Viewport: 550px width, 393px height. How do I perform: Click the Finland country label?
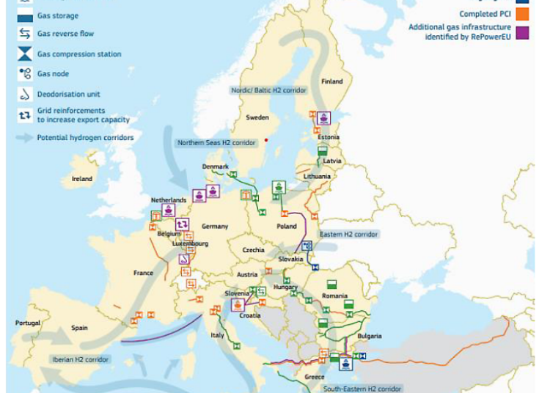coord(332,81)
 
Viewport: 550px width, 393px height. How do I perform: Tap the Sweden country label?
coord(257,117)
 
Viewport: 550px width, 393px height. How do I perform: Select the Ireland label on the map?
coord(82,179)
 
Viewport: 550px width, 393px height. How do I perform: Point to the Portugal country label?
coord(28,323)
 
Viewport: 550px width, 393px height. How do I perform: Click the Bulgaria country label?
coord(369,336)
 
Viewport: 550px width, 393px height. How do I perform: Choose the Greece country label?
coord(314,376)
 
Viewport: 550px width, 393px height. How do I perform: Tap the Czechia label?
coord(254,249)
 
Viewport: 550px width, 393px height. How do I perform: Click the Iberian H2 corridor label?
coord(81,359)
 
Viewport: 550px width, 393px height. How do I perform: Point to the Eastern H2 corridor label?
coord(349,234)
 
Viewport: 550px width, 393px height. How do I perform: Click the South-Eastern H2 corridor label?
coord(362,389)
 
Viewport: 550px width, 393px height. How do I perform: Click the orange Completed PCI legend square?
coord(522,13)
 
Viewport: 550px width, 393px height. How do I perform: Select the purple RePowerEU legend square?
coord(522,32)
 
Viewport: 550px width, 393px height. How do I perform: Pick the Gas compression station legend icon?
coord(25,54)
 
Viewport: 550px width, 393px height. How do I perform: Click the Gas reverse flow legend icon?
coord(25,34)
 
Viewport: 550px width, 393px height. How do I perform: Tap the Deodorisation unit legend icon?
coord(25,94)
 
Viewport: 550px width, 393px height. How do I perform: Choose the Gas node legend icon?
coord(25,73)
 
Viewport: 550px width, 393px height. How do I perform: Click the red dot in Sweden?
coord(267,139)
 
